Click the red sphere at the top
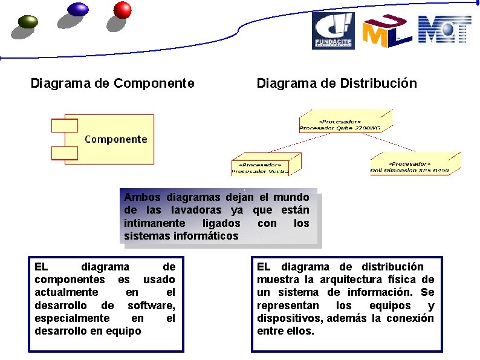point(123,10)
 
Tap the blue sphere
point(78,8)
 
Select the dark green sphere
point(28,22)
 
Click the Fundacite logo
point(332,30)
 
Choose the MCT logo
point(444,30)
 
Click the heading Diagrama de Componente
point(112,83)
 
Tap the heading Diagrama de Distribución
point(337,83)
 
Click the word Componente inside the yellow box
point(115,139)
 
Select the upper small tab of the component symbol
point(64,126)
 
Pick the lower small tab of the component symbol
point(64,153)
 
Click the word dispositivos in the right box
point(286,318)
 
